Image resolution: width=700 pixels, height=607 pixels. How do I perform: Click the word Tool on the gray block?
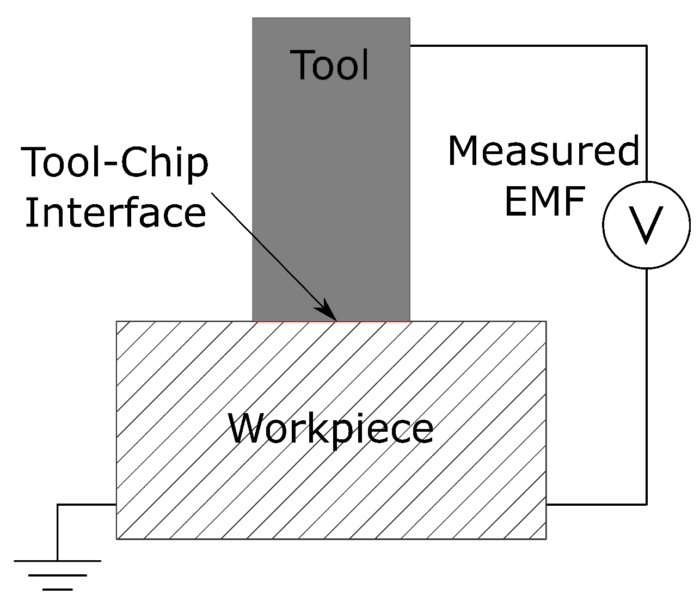(x=331, y=65)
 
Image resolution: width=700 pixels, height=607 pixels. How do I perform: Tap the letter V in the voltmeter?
(x=646, y=225)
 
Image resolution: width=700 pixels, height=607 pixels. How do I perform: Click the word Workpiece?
(x=330, y=428)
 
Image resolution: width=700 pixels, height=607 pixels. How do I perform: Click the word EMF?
(x=544, y=201)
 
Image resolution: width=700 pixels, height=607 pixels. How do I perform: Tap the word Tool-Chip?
(x=115, y=163)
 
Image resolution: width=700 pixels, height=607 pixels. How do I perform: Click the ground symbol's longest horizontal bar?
(x=57, y=561)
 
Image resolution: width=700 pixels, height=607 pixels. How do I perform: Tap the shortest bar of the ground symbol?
(x=57, y=589)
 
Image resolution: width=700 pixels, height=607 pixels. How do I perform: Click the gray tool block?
(x=331, y=180)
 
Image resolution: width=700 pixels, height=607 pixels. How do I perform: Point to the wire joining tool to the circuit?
(x=528, y=46)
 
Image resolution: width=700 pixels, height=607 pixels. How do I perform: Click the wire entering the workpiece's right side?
(x=596, y=504)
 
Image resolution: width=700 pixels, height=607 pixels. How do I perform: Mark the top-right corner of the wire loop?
(x=647, y=46)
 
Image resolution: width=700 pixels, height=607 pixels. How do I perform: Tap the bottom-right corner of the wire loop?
(x=647, y=504)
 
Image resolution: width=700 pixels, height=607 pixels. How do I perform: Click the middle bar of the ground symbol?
(x=57, y=575)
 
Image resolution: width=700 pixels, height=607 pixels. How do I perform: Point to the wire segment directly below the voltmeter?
(x=647, y=381)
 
